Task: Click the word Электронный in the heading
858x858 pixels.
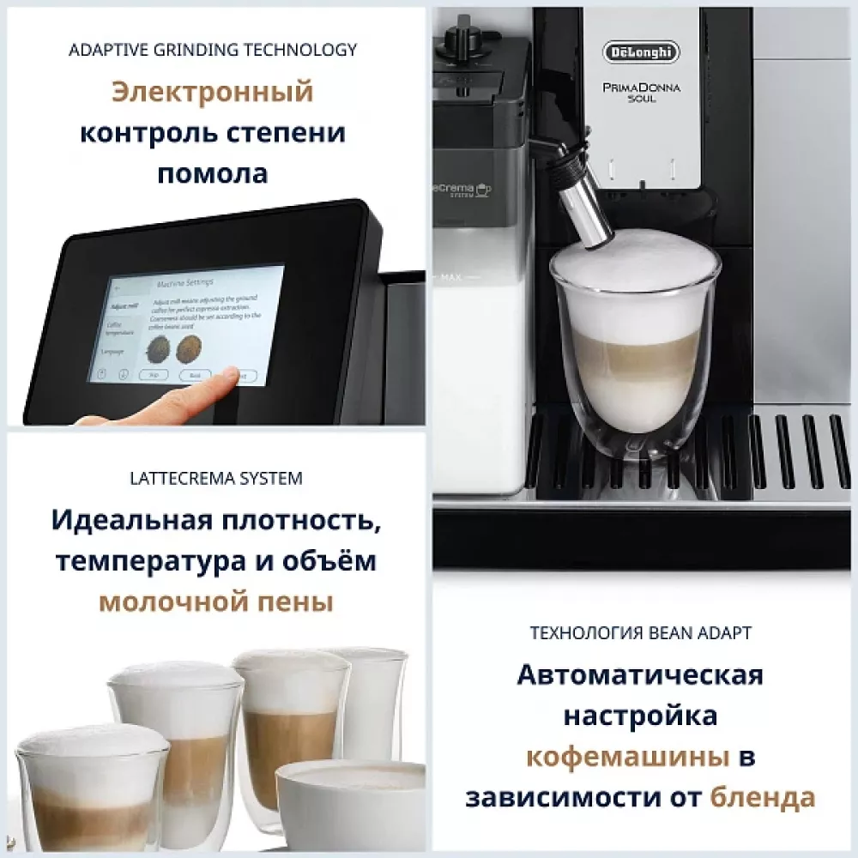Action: (212, 92)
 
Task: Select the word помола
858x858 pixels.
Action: (212, 173)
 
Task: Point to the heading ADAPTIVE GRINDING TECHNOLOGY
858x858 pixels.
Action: (212, 50)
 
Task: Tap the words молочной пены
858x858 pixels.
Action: (215, 602)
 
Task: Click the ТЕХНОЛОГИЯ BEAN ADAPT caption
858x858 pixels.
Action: (642, 633)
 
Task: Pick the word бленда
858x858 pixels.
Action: (763, 798)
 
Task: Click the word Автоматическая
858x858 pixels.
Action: (640, 674)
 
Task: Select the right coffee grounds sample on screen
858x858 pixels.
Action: (189, 347)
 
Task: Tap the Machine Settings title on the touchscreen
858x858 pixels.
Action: (185, 281)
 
